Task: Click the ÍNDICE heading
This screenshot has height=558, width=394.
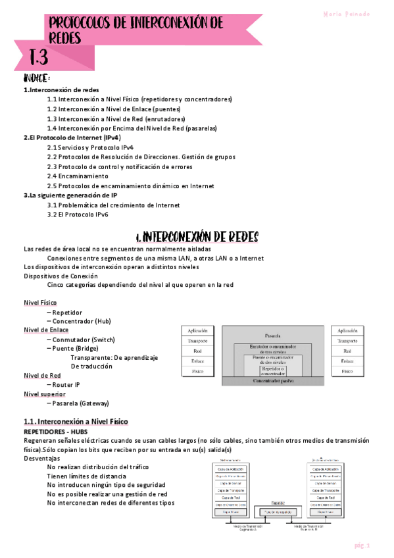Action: tap(37, 79)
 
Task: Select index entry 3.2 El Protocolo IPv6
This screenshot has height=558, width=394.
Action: tap(78, 215)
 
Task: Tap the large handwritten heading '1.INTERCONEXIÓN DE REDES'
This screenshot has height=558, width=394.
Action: tap(197, 236)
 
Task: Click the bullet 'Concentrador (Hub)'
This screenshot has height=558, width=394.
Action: tap(82, 321)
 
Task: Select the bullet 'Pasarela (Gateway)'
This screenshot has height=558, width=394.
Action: tap(81, 403)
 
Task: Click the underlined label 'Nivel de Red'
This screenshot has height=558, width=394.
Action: tap(42, 375)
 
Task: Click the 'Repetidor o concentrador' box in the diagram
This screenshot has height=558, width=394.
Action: tap(272, 372)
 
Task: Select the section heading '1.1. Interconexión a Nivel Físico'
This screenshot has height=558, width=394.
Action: tap(76, 421)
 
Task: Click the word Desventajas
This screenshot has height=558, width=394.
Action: tap(41, 457)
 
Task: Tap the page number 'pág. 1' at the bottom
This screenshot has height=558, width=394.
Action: tap(363, 545)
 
